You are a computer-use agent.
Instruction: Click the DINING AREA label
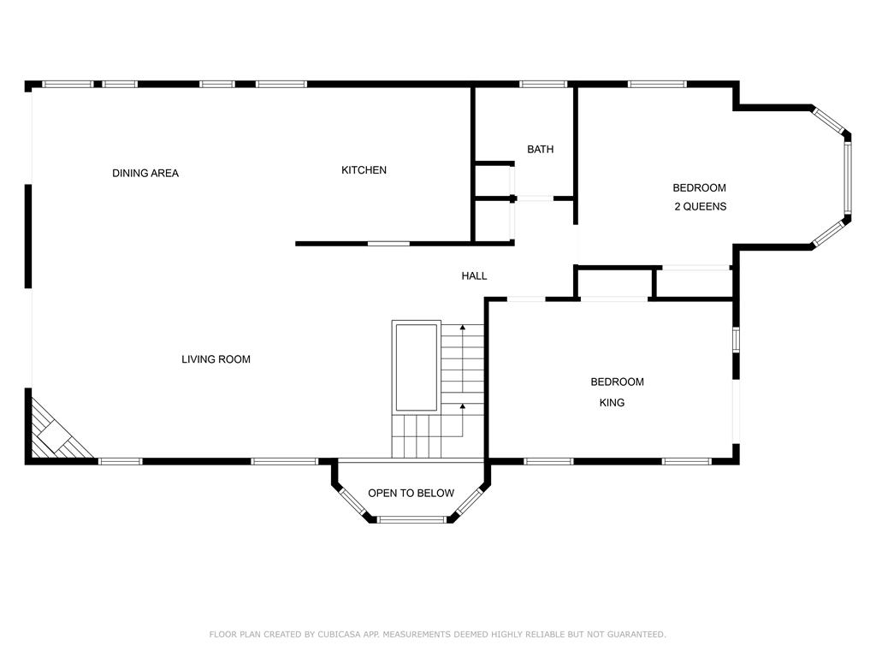pos(145,173)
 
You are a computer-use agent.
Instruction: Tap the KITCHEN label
pos(364,170)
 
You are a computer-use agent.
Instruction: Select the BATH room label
pos(541,149)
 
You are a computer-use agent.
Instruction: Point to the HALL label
pos(474,275)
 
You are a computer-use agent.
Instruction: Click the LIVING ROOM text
pos(216,359)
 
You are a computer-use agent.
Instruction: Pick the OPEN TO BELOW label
pos(411,493)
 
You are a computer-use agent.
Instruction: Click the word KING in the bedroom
pos(612,402)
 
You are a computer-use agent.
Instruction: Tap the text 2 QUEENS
pos(700,206)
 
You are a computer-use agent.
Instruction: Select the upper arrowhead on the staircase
pos(462,328)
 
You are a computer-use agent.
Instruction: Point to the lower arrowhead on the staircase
pos(462,406)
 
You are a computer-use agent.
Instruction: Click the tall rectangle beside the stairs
pos(417,366)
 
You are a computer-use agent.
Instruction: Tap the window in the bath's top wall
pos(543,85)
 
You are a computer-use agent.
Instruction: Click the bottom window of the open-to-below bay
pos(411,519)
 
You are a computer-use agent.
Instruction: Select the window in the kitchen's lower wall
pos(388,244)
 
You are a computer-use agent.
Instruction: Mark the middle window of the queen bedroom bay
pos(847,178)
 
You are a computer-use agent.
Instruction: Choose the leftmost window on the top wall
pos(68,85)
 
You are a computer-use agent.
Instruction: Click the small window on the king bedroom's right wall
pos(736,339)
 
